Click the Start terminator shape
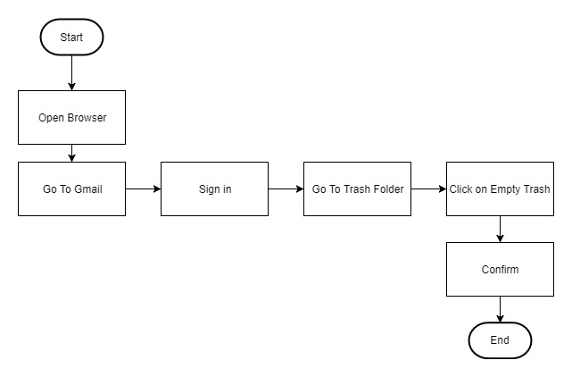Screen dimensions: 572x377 click(72, 37)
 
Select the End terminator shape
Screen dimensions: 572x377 click(500, 340)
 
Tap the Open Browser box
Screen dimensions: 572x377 click(72, 117)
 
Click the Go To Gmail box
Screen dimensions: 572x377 click(72, 188)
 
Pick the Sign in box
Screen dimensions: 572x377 click(214, 188)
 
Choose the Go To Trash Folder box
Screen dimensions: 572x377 click(358, 188)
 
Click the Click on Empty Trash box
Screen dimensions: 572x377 click(500, 188)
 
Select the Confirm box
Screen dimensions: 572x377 click(500, 269)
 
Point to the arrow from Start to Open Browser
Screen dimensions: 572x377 click(72, 72)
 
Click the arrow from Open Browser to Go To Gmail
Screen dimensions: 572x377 click(72, 153)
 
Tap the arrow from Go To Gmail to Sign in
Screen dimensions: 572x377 click(143, 188)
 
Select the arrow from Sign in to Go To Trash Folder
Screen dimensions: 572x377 click(286, 188)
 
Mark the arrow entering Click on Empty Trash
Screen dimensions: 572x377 click(428, 188)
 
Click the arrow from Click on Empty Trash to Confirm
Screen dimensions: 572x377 click(500, 229)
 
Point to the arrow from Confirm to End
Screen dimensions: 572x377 click(500, 309)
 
